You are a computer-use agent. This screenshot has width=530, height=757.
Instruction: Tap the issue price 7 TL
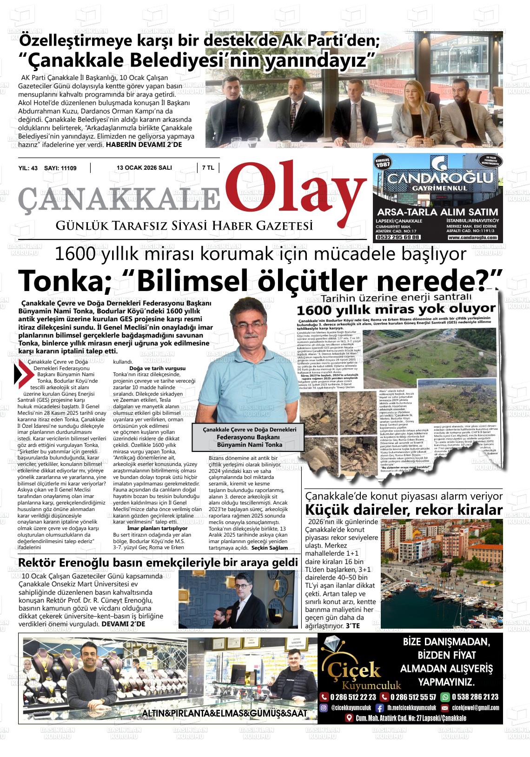coord(208,168)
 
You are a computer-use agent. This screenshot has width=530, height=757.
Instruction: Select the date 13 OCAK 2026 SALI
coord(144,168)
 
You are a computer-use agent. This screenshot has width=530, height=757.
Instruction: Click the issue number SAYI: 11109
coord(60,168)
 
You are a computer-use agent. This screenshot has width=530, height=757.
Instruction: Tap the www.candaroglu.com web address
coord(472,238)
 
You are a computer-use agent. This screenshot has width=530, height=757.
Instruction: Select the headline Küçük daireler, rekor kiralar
coord(404,510)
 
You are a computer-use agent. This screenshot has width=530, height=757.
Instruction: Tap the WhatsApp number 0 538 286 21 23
coord(474,697)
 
